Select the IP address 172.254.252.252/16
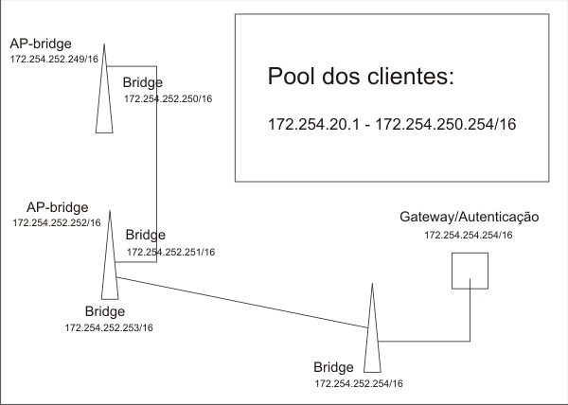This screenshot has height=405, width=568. (56, 222)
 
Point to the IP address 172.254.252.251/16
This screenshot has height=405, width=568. (170, 252)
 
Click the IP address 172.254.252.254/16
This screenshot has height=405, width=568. (359, 383)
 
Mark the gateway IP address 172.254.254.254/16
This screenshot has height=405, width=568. (469, 235)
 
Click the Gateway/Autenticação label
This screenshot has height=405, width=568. (470, 218)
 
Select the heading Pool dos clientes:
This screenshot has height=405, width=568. (363, 78)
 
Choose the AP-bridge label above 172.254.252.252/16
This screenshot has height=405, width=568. (57, 206)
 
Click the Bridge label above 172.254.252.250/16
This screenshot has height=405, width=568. (143, 83)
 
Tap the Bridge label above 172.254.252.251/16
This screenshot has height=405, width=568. (146, 235)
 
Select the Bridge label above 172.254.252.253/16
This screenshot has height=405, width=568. (105, 310)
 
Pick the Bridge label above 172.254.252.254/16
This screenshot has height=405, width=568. (332, 367)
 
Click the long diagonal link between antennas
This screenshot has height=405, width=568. (241, 301)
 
